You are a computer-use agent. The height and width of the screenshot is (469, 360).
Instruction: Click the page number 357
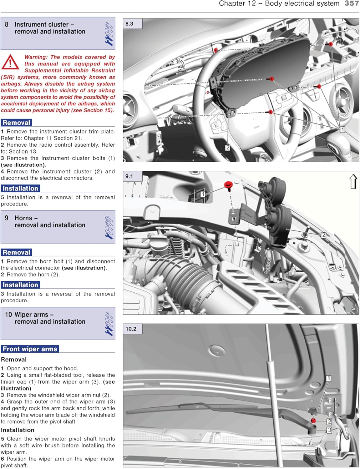pos(352,3)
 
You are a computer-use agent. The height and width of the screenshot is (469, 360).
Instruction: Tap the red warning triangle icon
pos(10,62)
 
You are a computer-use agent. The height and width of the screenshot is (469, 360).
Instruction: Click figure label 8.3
pos(129,24)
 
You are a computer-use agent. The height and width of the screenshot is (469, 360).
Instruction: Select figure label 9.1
pos(129,176)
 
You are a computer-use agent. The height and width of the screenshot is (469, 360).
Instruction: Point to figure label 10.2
pos(131,329)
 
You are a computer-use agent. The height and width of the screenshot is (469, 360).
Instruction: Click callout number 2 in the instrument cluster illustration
pos(228,147)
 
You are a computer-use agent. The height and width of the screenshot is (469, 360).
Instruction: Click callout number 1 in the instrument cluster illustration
pos(342,129)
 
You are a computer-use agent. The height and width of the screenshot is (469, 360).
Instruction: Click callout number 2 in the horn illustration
pos(324,235)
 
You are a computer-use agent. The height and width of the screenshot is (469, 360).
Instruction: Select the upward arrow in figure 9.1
pos(353,182)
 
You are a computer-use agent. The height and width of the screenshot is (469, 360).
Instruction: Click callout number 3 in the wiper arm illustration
pos(329,430)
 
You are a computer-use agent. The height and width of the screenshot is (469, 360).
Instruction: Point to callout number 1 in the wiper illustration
pos(328,379)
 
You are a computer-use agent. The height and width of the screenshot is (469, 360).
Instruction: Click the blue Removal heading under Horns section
pos(17,252)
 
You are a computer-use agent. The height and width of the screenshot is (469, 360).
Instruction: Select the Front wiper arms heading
pos(30,349)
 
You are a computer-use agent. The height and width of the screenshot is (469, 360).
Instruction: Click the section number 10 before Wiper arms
pos(8,315)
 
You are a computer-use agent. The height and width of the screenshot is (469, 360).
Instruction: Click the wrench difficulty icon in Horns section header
pos(109,227)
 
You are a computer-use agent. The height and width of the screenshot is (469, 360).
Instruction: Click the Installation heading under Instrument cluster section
pos(20,188)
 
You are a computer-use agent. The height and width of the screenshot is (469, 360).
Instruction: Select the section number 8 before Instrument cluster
pos(7,24)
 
